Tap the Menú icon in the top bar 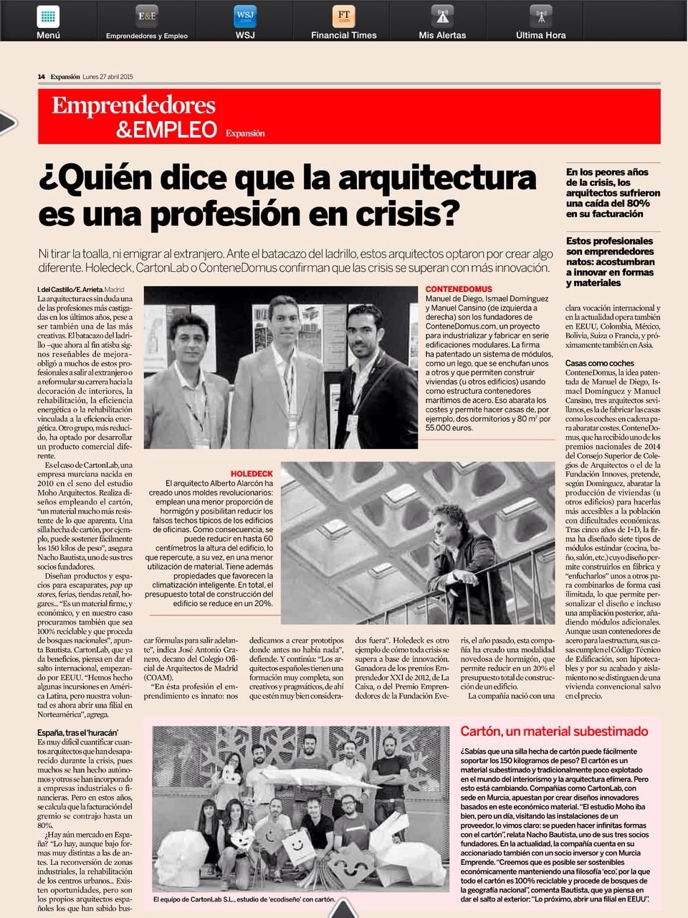(48, 16)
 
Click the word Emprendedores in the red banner (133, 106)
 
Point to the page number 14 (42, 77)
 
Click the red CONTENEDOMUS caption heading (459, 290)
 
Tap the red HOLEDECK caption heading (252, 474)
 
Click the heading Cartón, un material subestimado (554, 732)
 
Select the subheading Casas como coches (599, 364)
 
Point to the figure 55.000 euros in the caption (449, 427)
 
